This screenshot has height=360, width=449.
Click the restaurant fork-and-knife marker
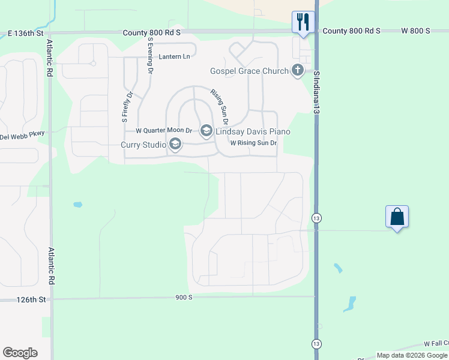pyautogui.click(x=301, y=22)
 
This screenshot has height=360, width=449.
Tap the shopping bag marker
pyautogui.click(x=397, y=216)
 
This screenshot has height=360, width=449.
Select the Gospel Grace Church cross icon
pyautogui.click(x=297, y=71)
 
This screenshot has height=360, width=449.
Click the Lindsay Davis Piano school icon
pyautogui.click(x=206, y=131)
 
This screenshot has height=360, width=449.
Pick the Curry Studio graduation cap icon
pyautogui.click(x=175, y=144)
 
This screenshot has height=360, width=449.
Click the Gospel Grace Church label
pyautogui.click(x=249, y=71)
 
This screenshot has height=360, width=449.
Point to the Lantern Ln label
pyautogui.click(x=174, y=57)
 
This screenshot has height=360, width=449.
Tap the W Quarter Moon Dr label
pyautogui.click(x=163, y=130)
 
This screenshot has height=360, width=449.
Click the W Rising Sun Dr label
pyautogui.click(x=253, y=143)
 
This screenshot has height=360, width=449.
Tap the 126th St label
pyautogui.click(x=31, y=299)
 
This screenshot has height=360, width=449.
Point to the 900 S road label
pyautogui.click(x=184, y=297)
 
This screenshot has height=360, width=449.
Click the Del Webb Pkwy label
pyautogui.click(x=22, y=136)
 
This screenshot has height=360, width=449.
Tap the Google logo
pyautogui.click(x=20, y=353)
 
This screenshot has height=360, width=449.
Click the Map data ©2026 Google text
pyautogui.click(x=412, y=355)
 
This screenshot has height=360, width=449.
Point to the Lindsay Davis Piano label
pyautogui.click(x=255, y=131)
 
